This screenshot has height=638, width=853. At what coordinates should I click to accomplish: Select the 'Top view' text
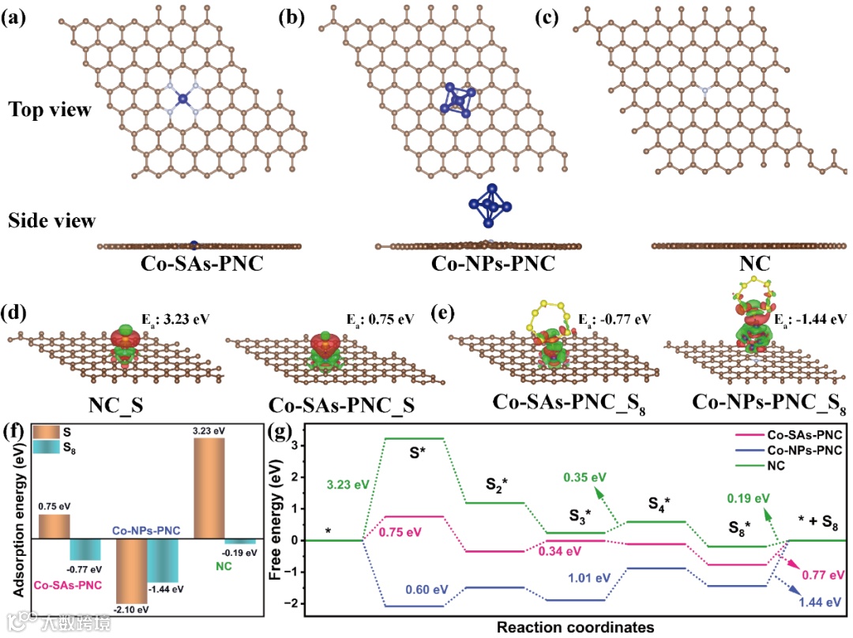(50, 111)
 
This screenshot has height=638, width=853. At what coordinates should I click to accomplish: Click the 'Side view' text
(51, 220)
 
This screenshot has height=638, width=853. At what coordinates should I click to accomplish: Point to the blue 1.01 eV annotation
(587, 578)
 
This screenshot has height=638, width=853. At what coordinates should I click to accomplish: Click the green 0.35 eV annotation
(585, 477)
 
